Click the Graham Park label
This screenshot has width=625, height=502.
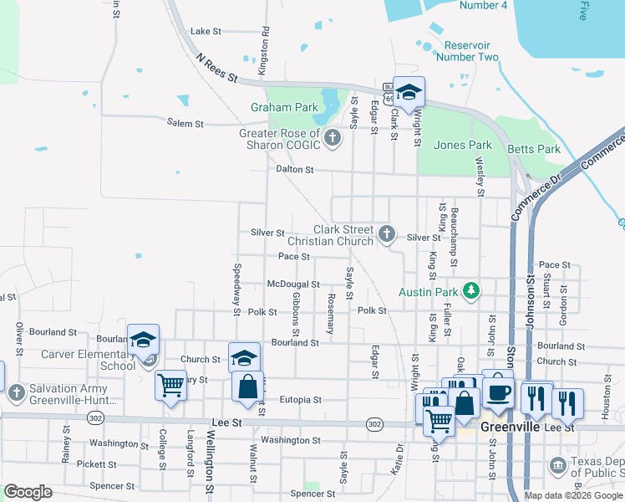pyautogui.click(x=284, y=107)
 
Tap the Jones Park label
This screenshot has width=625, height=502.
pyautogui.click(x=462, y=145)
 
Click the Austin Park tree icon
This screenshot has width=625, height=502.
pyautogui.click(x=472, y=291)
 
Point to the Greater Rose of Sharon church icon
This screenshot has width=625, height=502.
pyautogui.click(x=333, y=137)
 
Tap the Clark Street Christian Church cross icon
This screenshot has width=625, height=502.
pyautogui.click(x=386, y=234)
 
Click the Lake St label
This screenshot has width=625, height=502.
pyautogui.click(x=206, y=31)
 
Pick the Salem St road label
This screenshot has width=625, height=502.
pyautogui.click(x=185, y=124)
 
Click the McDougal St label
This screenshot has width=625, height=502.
pyautogui.click(x=292, y=284)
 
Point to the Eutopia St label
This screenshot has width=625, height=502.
pyautogui.click(x=301, y=400)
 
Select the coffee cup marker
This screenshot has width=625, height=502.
pyautogui.click(x=498, y=392)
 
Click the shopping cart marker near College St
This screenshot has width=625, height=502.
pyautogui.click(x=170, y=386)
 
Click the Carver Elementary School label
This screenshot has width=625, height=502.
pyautogui.click(x=88, y=360)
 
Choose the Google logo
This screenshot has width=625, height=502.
pyautogui.click(x=28, y=492)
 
